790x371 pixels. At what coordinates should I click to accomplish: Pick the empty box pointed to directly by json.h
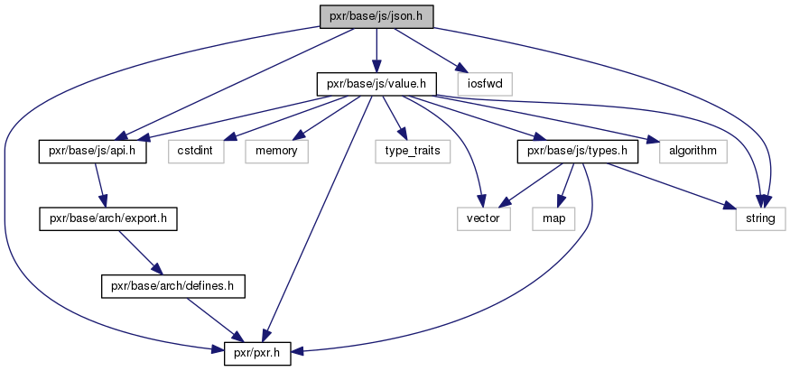click(484, 84)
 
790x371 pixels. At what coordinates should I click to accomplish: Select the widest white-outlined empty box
click(413, 152)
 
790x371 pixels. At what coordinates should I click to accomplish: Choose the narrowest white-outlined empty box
click(553, 218)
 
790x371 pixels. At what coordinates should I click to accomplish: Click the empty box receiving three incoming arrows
click(760, 218)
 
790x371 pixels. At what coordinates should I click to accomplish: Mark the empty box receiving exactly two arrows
click(484, 218)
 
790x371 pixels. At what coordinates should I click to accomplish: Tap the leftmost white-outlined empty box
click(196, 152)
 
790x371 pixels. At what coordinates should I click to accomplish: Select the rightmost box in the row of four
click(692, 152)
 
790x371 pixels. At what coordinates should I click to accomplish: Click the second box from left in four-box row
click(276, 152)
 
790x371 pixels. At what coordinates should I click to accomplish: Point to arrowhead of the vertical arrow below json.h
click(376, 67)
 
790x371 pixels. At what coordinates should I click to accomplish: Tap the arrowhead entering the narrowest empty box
click(560, 201)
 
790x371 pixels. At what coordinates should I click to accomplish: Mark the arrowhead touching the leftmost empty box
click(229, 138)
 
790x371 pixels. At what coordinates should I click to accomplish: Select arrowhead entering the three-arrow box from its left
click(730, 208)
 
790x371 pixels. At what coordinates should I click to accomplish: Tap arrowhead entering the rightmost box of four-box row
click(653, 141)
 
